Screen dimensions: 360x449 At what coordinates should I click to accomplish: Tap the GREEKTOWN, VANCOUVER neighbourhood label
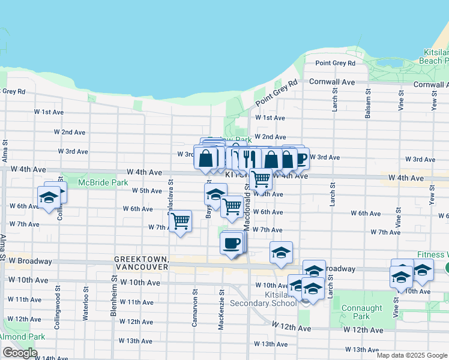click(x=141, y=263)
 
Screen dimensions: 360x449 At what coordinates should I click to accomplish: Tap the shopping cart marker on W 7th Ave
click(x=180, y=222)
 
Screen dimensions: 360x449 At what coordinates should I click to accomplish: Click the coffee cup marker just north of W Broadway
click(x=231, y=244)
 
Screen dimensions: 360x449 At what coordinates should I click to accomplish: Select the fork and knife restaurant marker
click(x=249, y=159)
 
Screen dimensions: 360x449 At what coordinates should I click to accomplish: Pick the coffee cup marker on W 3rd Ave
click(x=299, y=159)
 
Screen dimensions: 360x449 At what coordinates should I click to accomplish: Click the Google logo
click(x=20, y=353)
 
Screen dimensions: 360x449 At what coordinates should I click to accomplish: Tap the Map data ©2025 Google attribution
click(x=411, y=355)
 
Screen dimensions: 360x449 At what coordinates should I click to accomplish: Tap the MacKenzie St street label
click(x=221, y=302)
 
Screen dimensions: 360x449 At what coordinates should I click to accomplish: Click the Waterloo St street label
click(x=86, y=298)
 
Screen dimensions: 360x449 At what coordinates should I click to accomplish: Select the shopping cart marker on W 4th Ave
click(x=260, y=178)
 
